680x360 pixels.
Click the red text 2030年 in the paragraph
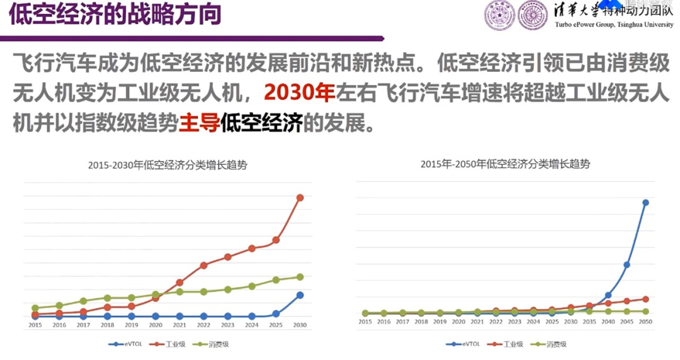pyautogui.click(x=298, y=93)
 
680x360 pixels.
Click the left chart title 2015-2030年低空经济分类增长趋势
pyautogui.click(x=167, y=166)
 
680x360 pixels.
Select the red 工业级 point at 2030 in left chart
pyautogui.click(x=300, y=198)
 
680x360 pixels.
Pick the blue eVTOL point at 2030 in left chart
pyautogui.click(x=300, y=295)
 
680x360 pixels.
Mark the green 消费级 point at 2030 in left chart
pyautogui.click(x=300, y=277)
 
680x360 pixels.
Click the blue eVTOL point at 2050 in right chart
pyautogui.click(x=645, y=203)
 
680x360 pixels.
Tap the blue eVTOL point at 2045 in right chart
pyautogui.click(x=627, y=265)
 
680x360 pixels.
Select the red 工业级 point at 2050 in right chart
pyautogui.click(x=645, y=299)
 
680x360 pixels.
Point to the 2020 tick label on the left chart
pyautogui.click(x=156, y=325)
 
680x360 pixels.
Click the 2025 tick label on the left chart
pyautogui.click(x=276, y=325)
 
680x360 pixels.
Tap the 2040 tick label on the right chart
pyautogui.click(x=608, y=322)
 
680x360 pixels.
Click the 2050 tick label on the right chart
pyautogui.click(x=645, y=322)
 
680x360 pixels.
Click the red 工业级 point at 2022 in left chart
pyautogui.click(x=203, y=265)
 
